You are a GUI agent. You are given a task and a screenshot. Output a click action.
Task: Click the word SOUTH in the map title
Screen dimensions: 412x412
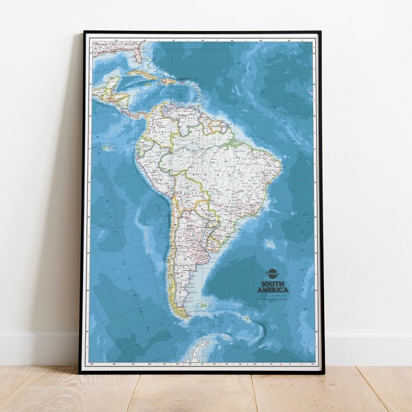click(x=273, y=283)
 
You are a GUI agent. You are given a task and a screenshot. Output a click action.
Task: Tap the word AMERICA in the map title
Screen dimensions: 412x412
click(x=273, y=290)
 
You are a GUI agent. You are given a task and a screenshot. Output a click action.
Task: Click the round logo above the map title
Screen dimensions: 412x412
click(x=272, y=274)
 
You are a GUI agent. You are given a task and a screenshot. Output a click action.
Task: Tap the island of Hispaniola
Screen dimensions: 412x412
click(x=168, y=82)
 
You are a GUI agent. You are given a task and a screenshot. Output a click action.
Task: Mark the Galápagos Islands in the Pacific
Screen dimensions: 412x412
click(x=106, y=148)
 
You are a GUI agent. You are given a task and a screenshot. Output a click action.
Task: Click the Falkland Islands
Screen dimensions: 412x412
click(x=204, y=306)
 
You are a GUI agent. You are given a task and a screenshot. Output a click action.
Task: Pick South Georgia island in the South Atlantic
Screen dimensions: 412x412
click(x=245, y=319)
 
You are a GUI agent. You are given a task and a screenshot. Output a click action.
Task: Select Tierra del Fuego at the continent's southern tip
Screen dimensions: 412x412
click(x=181, y=312)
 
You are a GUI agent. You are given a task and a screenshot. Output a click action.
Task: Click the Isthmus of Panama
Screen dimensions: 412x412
click(x=136, y=113)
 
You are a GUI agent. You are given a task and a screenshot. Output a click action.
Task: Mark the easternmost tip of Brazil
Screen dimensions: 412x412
click(x=282, y=165)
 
